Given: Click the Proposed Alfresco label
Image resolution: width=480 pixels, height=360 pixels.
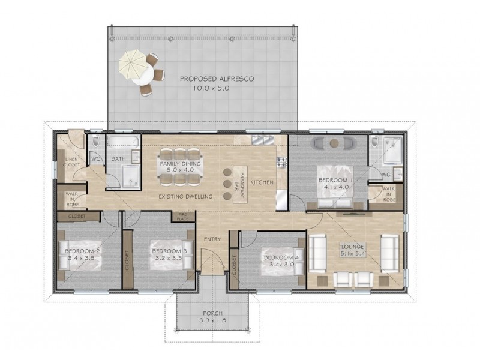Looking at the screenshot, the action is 217,79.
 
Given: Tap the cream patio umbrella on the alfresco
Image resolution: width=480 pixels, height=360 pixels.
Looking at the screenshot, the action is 132,65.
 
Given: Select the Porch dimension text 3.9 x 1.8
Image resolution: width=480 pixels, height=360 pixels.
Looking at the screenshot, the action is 213,320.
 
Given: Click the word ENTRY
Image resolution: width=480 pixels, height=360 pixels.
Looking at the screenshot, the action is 212,239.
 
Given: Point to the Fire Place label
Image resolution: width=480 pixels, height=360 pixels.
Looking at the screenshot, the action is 183,217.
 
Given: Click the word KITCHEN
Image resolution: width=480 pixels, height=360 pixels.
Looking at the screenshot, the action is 262,182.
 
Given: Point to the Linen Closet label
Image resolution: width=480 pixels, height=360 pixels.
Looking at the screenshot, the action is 71,162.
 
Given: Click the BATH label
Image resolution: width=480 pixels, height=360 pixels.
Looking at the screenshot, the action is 118,158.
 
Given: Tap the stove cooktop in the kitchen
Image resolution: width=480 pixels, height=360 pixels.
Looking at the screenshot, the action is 281,162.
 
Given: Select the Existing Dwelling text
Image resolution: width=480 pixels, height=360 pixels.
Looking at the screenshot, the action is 185,197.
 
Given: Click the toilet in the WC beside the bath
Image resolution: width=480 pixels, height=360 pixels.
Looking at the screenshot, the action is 95,141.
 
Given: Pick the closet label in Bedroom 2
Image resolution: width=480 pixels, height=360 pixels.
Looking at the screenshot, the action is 77,216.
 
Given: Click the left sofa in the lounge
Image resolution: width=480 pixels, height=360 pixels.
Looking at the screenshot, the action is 317,253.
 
